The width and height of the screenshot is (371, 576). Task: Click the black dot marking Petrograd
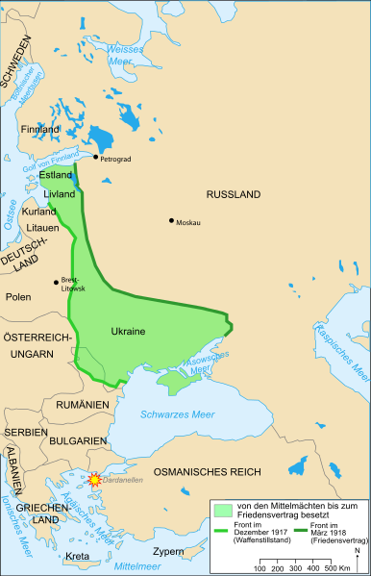95,157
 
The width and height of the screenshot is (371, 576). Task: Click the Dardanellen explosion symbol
94,480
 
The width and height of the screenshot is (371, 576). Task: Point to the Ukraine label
127,332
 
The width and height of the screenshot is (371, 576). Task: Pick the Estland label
55,176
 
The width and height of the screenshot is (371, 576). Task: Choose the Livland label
59,193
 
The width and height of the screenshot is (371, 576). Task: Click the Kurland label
38,211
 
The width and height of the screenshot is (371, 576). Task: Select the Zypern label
167,552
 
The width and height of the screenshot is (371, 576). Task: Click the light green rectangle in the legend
224,508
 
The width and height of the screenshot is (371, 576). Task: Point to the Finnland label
39,129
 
